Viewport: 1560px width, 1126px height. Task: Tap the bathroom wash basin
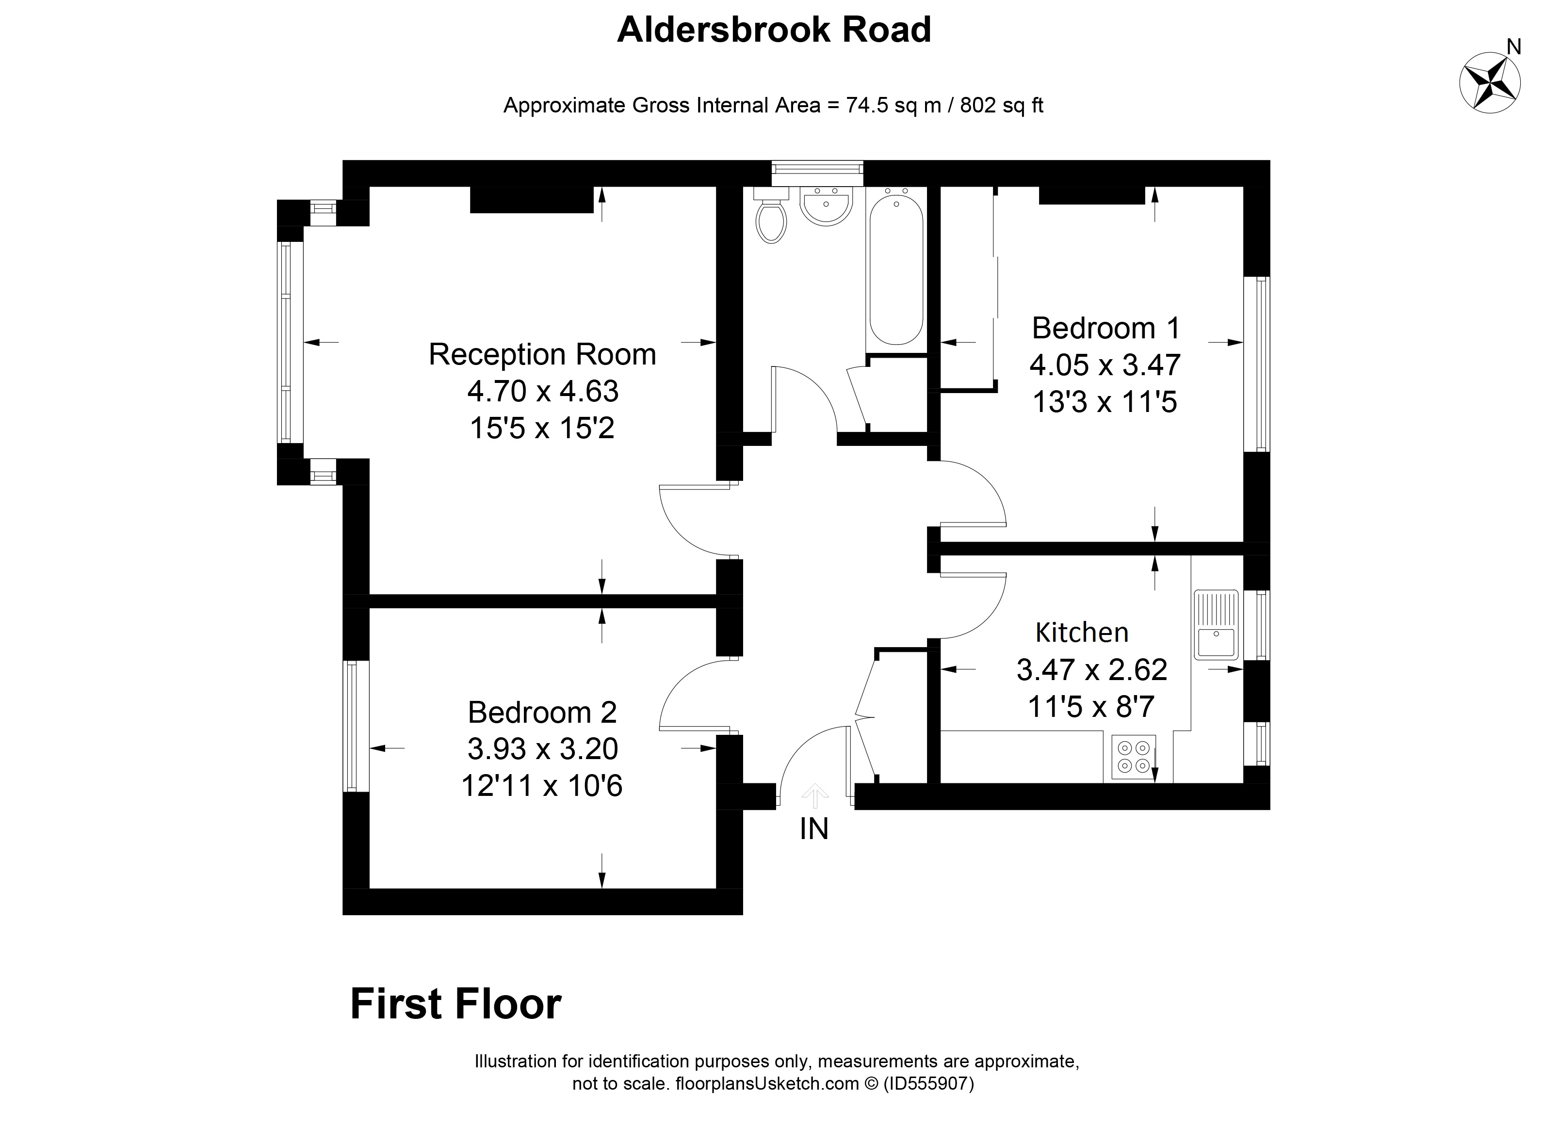point(826,206)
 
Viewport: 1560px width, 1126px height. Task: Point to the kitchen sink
point(1216,625)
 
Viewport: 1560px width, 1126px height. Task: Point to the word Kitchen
point(1082,632)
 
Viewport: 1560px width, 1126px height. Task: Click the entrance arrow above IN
point(815,795)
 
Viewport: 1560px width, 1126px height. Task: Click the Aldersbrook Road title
point(774,30)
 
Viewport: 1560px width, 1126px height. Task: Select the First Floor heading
point(456,1004)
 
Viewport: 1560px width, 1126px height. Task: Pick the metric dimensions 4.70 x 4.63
point(543,391)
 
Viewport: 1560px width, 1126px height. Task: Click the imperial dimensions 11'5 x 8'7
point(1091,706)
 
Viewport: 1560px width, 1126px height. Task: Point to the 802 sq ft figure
point(1002,105)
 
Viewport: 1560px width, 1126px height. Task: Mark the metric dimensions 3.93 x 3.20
point(543,748)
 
